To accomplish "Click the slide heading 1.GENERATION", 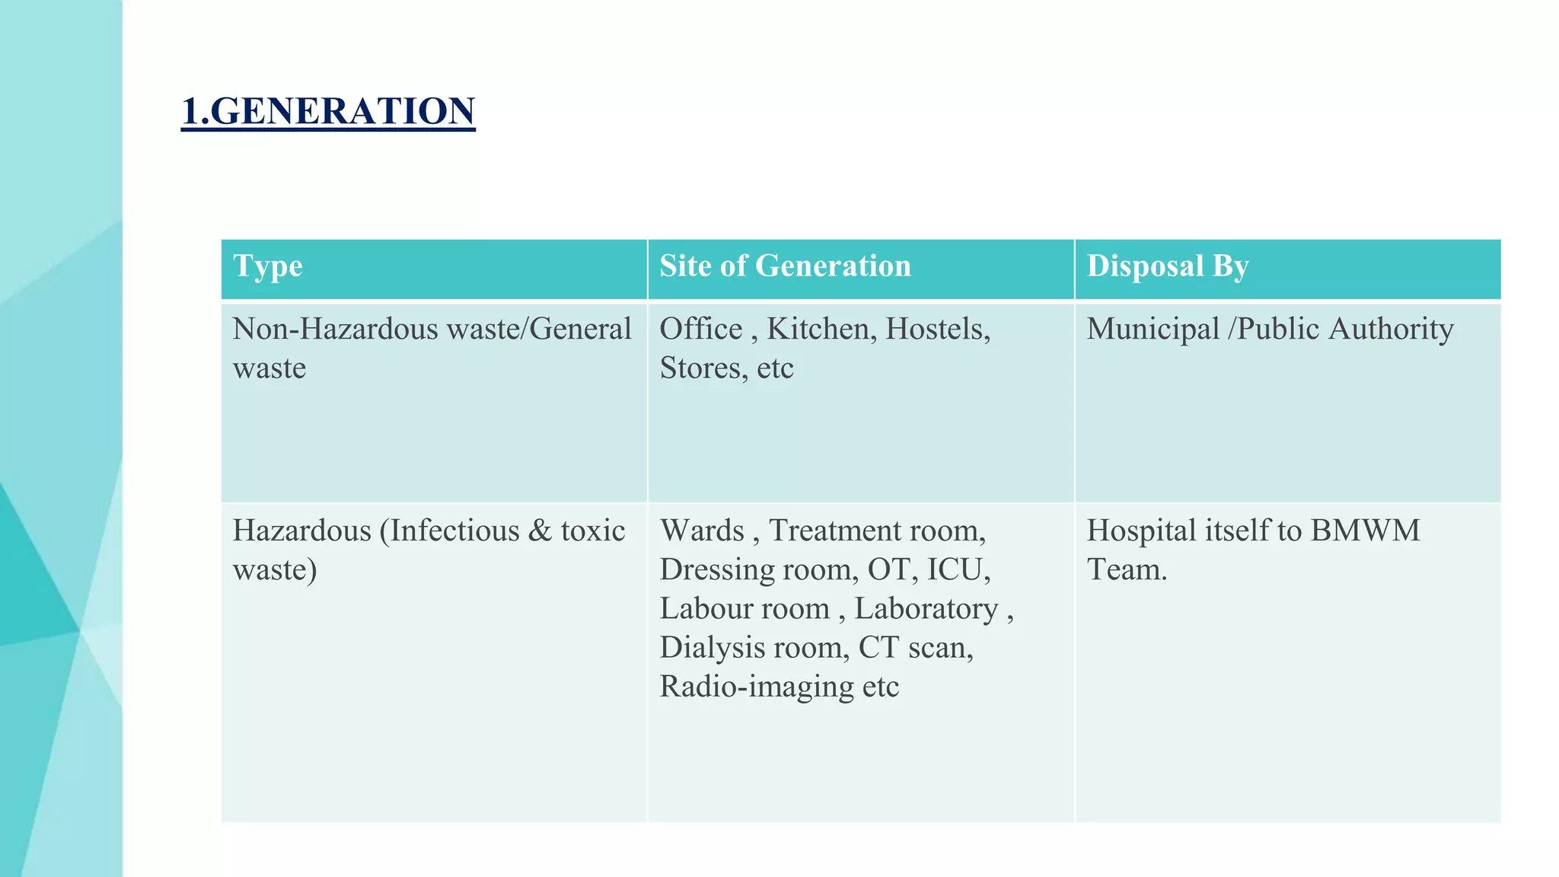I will point(328,111).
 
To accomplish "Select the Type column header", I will point(268,266).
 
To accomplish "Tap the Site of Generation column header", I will point(785,266).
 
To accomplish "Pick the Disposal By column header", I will point(1168,266).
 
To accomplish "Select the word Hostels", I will point(937,330).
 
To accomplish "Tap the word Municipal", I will point(1153,330).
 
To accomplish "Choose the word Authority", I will point(1391,330).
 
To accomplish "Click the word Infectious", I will point(454,531).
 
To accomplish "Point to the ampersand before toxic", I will point(539,531).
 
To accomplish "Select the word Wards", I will point(702,531).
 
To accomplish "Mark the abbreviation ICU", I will point(958,569).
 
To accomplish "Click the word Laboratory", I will point(926,609).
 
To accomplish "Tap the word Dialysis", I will point(713,648).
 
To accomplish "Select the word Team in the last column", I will point(1126,569).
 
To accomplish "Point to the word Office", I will point(700,330).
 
